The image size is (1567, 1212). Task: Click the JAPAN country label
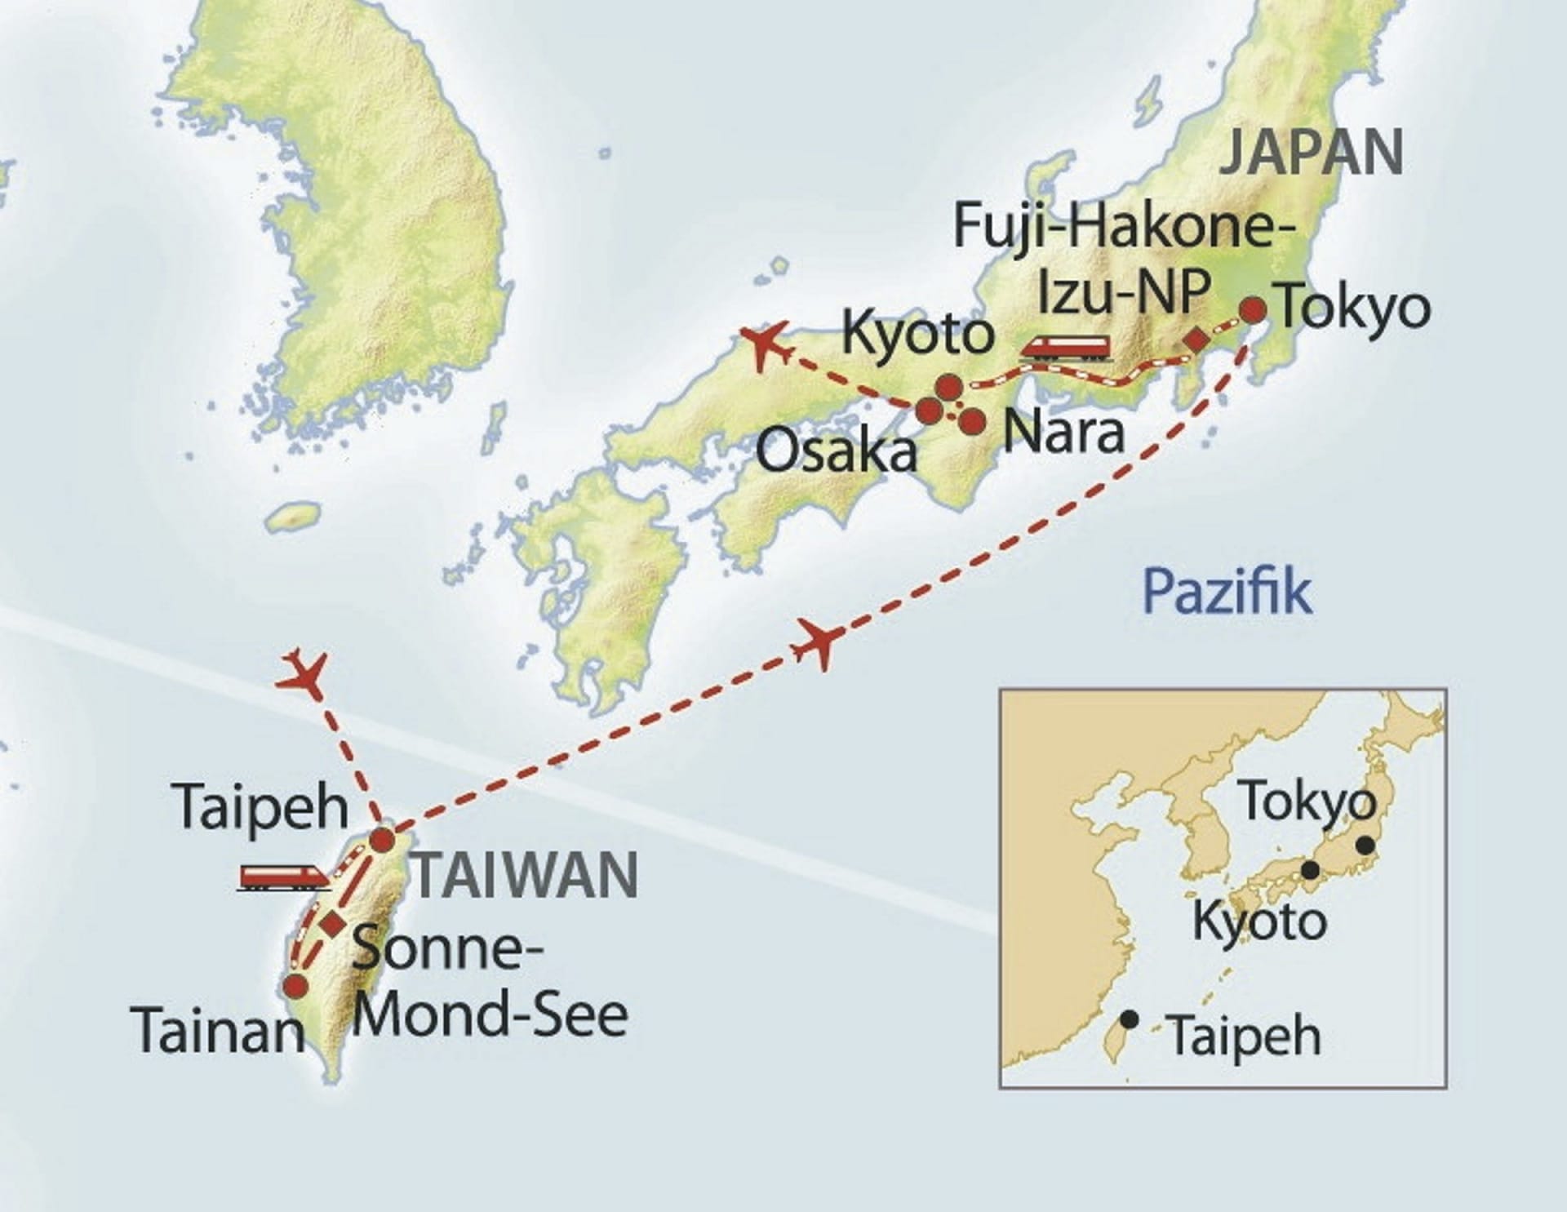click(1311, 152)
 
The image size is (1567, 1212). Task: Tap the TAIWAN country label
click(526, 876)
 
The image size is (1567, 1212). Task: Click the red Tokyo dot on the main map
click(1253, 310)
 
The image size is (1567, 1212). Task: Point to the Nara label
click(1063, 433)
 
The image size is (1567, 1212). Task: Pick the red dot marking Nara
click(971, 422)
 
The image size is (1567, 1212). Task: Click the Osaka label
click(837, 451)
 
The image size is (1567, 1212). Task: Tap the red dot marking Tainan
click(295, 987)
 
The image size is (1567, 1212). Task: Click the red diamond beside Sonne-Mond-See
click(332, 924)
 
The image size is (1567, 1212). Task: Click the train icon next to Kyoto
click(1066, 346)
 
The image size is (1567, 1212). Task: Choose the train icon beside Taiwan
click(283, 877)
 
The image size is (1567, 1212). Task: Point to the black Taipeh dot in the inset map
click(1130, 1019)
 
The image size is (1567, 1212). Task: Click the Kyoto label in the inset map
click(1259, 921)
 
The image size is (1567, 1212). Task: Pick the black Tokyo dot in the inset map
click(1365, 846)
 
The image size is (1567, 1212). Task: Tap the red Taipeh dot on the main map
click(382, 840)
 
